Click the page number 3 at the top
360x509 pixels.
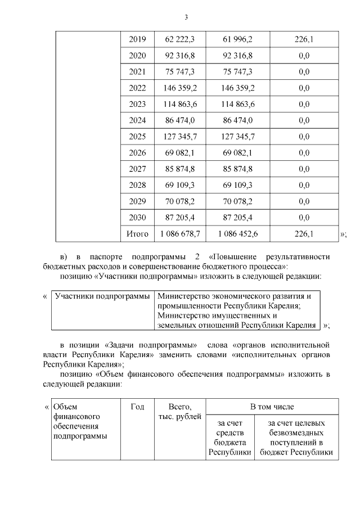tap(186, 17)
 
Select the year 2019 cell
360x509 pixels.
tap(137, 39)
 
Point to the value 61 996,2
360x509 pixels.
tap(238, 39)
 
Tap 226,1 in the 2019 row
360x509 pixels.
tap(304, 39)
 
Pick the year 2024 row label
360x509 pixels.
tap(137, 120)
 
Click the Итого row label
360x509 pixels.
tap(137, 233)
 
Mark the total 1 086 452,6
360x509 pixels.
tap(238, 233)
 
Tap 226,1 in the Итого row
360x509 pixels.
tap(304, 233)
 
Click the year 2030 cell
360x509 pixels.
tap(137, 218)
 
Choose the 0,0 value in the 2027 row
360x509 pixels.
tap(304, 169)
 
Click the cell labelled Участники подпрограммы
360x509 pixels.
tap(102, 296)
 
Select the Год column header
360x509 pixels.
tap(137, 407)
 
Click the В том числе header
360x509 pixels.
tap(272, 406)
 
